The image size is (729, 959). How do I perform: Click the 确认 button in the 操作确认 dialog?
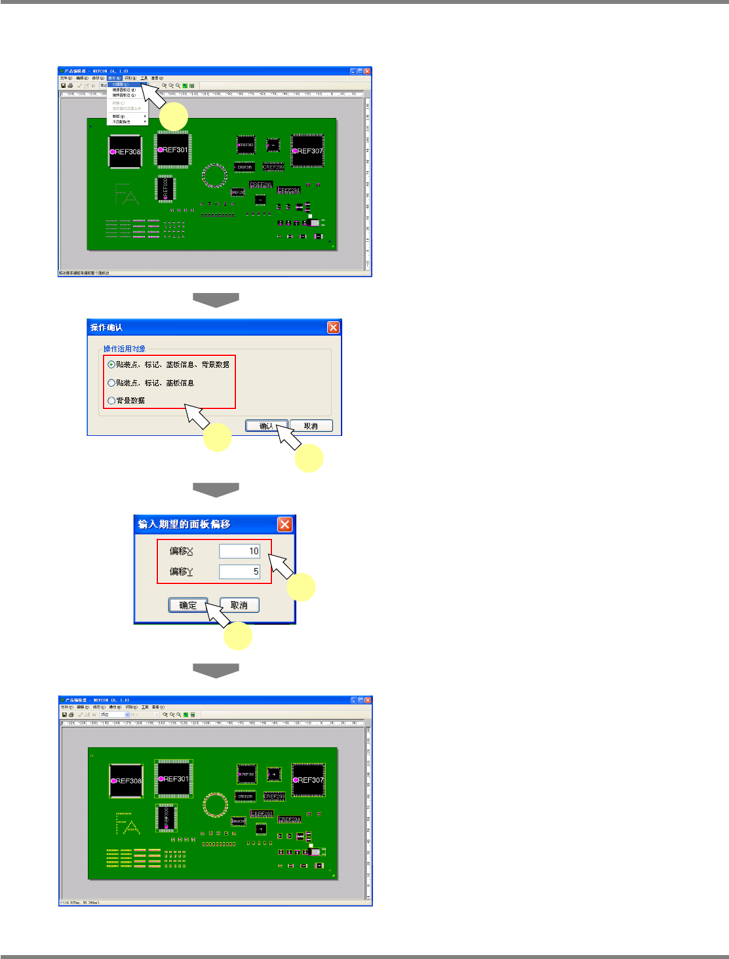(x=266, y=426)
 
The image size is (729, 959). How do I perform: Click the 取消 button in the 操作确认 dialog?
(x=311, y=426)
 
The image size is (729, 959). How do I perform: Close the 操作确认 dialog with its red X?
(x=333, y=327)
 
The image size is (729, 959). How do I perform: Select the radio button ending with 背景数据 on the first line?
(x=111, y=364)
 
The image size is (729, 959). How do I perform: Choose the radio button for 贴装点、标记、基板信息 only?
(x=111, y=383)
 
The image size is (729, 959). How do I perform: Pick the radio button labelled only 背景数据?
(x=111, y=401)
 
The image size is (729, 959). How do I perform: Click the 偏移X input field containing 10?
(x=239, y=551)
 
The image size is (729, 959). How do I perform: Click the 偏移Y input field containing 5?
(x=239, y=572)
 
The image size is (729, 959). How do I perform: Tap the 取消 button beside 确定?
(x=239, y=605)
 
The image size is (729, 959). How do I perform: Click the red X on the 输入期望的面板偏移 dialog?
(x=285, y=524)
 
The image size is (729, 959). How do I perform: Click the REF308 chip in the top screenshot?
(x=125, y=151)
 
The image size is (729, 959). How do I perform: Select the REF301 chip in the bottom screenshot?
(x=174, y=779)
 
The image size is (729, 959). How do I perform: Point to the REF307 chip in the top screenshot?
(x=307, y=151)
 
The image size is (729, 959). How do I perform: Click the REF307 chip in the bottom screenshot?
(x=308, y=780)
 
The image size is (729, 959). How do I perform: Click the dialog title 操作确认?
(x=107, y=328)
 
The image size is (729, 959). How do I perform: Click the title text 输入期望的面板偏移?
(x=184, y=524)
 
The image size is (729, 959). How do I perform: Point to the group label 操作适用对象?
(x=125, y=349)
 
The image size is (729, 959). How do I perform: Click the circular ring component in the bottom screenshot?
(x=215, y=805)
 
